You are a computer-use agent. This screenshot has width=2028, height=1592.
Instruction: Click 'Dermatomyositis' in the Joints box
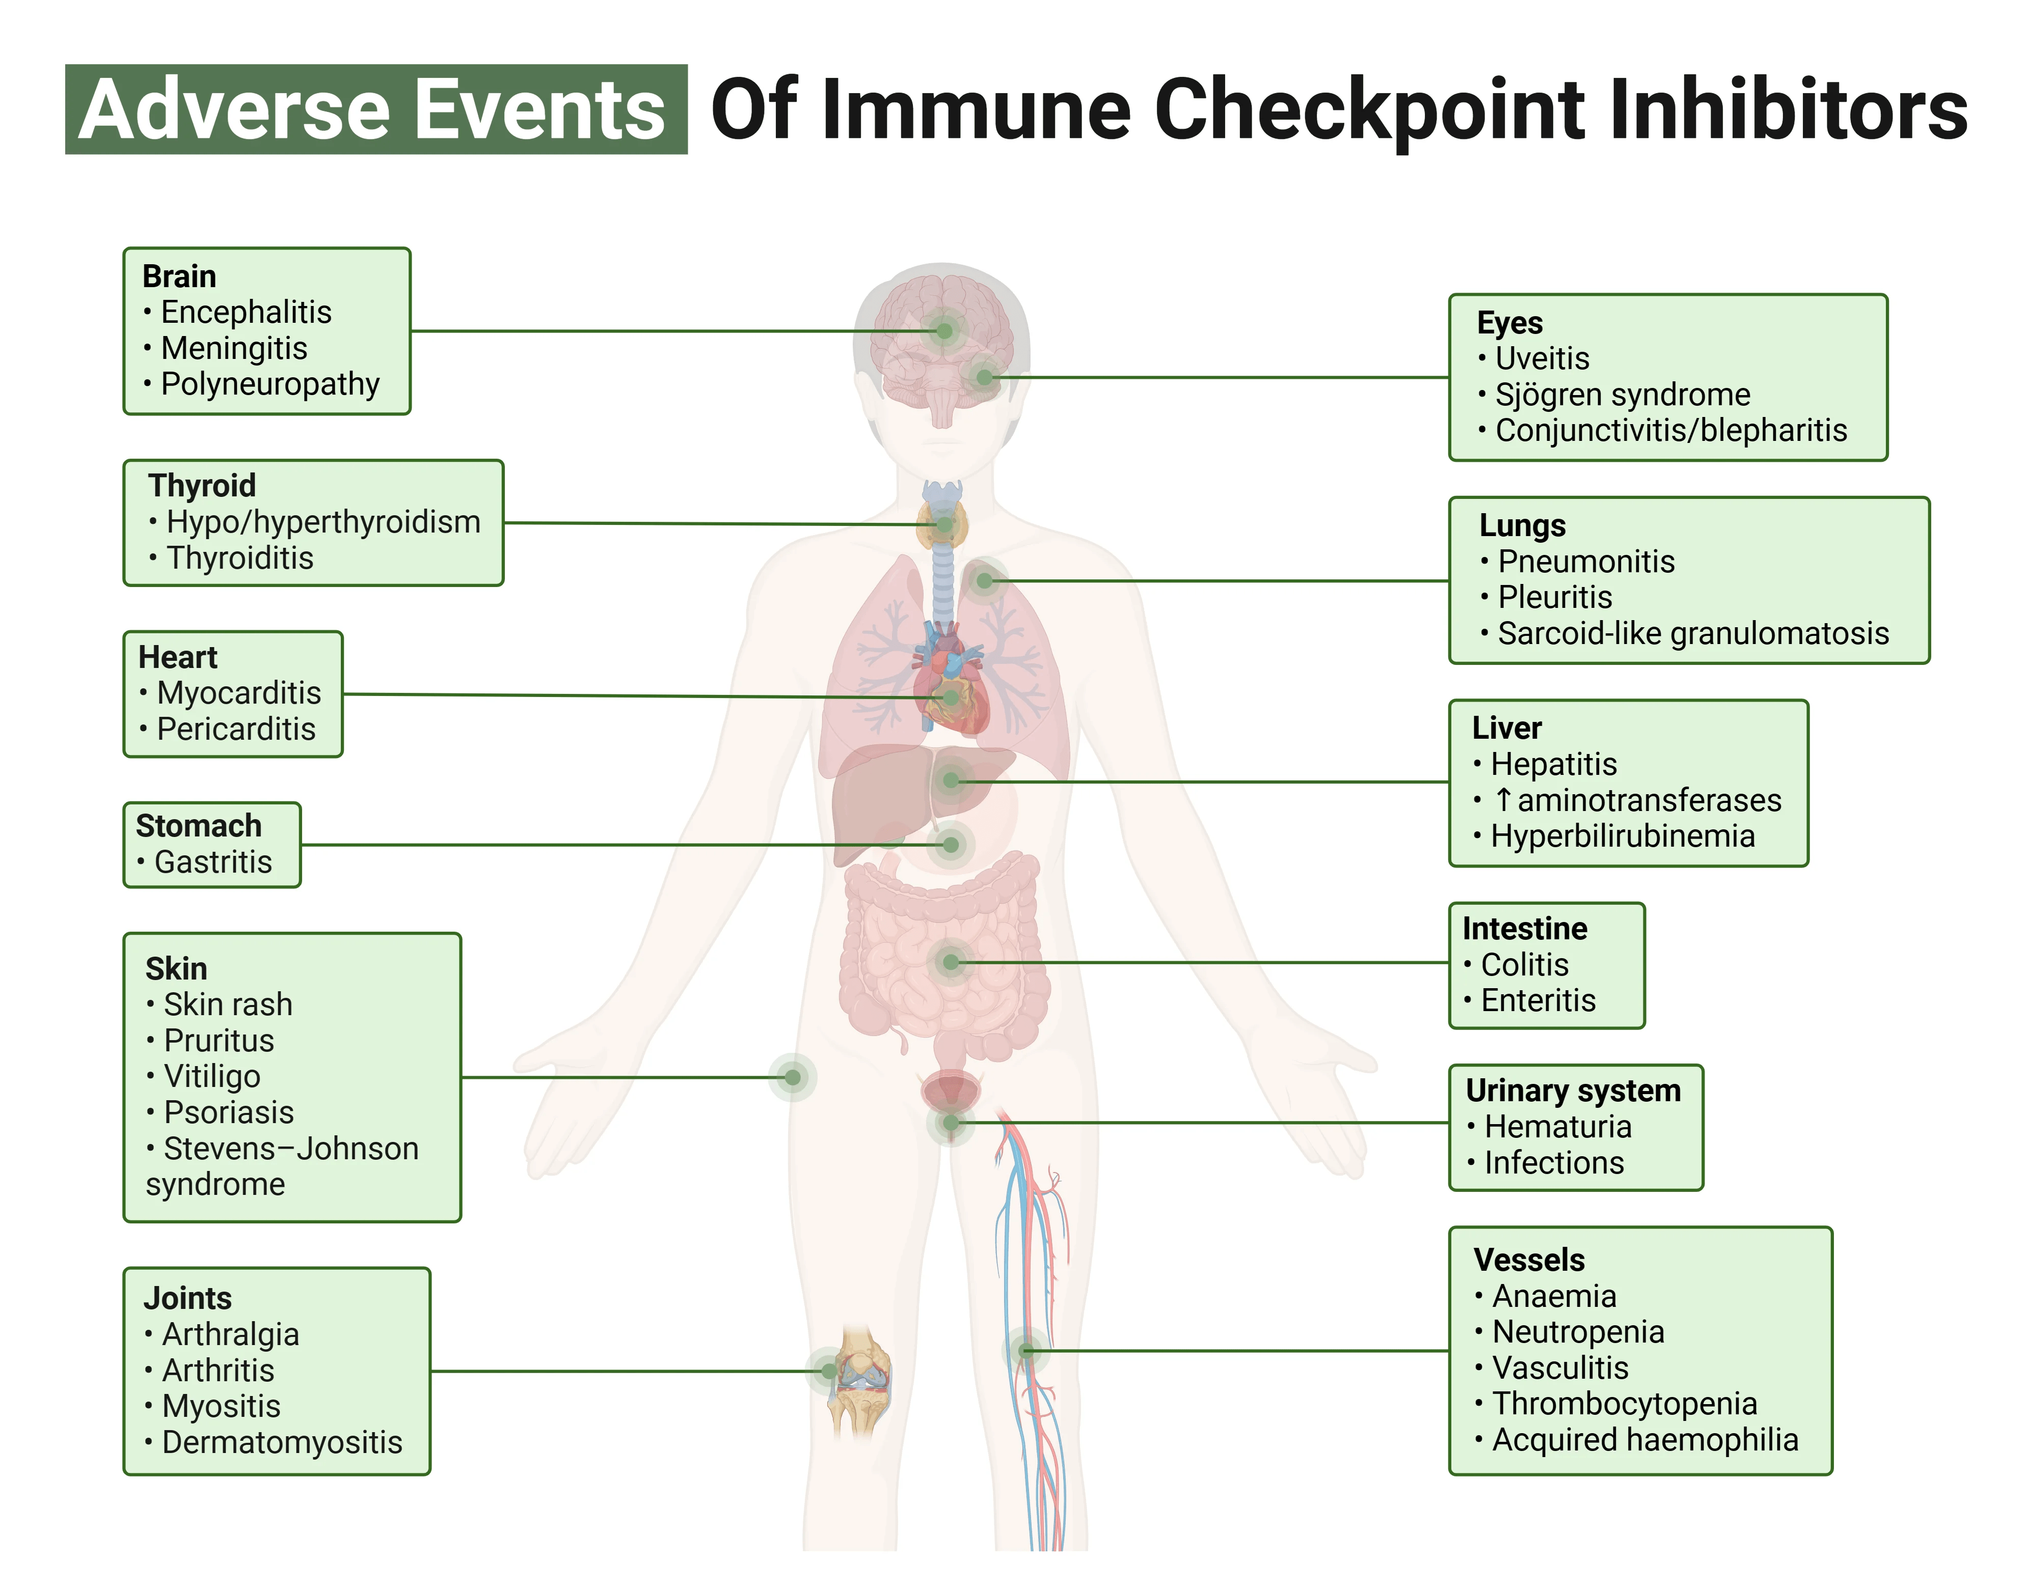[x=282, y=1443]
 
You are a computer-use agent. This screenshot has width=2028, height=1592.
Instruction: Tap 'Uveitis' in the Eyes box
[x=1542, y=359]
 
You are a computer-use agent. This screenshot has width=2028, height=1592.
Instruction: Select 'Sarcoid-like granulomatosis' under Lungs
[x=1692, y=634]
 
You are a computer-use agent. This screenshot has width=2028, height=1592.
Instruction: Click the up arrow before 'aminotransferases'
[x=1502, y=800]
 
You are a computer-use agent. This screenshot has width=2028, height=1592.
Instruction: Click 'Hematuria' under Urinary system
[x=1557, y=1127]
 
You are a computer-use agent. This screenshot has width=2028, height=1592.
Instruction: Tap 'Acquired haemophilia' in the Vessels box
[x=1644, y=1440]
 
